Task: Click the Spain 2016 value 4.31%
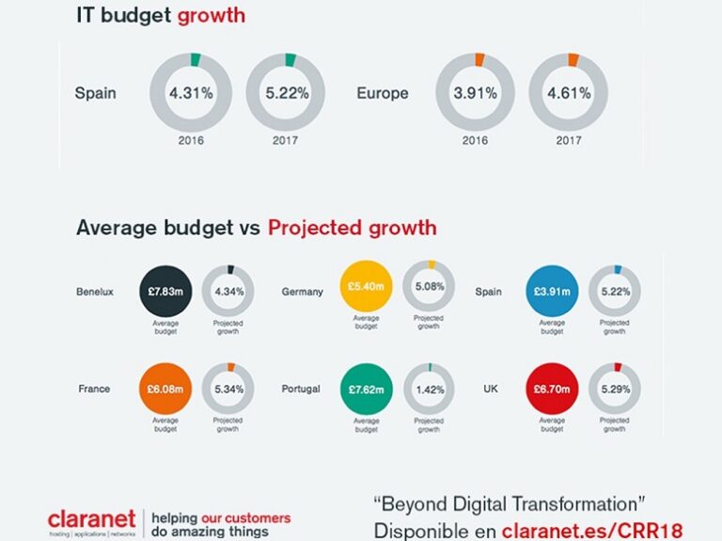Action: point(192,94)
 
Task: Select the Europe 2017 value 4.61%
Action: point(568,94)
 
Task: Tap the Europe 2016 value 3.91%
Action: point(474,94)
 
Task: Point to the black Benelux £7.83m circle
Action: point(165,292)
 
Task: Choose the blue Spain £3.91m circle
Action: point(552,292)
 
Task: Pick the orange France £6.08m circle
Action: point(165,389)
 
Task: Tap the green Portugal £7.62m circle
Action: point(365,389)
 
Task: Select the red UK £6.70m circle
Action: point(552,389)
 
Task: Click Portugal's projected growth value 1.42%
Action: point(430,389)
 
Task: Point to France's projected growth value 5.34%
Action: point(228,389)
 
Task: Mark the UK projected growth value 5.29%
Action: point(615,389)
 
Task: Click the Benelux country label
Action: point(95,292)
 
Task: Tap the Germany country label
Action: point(302,292)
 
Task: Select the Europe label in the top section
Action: point(383,94)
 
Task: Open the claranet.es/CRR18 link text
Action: point(591,530)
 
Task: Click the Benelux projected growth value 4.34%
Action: point(228,292)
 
